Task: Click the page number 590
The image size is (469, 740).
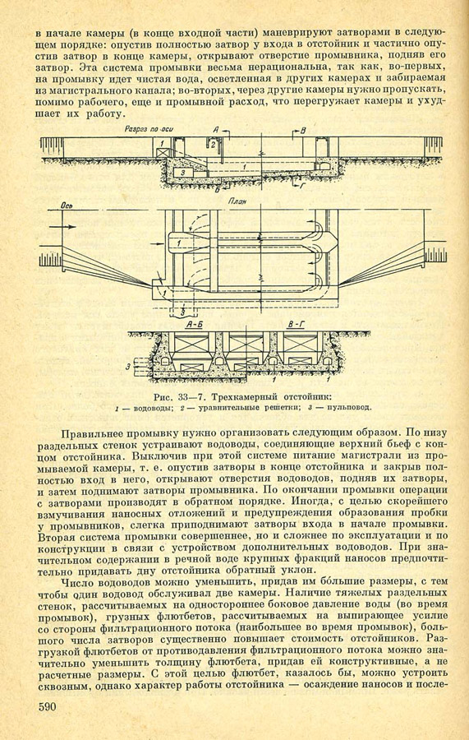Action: coord(47,707)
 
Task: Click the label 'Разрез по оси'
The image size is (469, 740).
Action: coord(146,128)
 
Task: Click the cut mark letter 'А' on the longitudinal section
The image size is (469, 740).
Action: coord(216,129)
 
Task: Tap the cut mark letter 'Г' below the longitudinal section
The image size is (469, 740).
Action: coord(302,187)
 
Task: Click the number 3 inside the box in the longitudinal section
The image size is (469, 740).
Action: coord(183,173)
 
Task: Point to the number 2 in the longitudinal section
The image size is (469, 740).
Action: coord(213,145)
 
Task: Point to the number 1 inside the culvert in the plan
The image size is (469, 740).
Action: coord(180,243)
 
